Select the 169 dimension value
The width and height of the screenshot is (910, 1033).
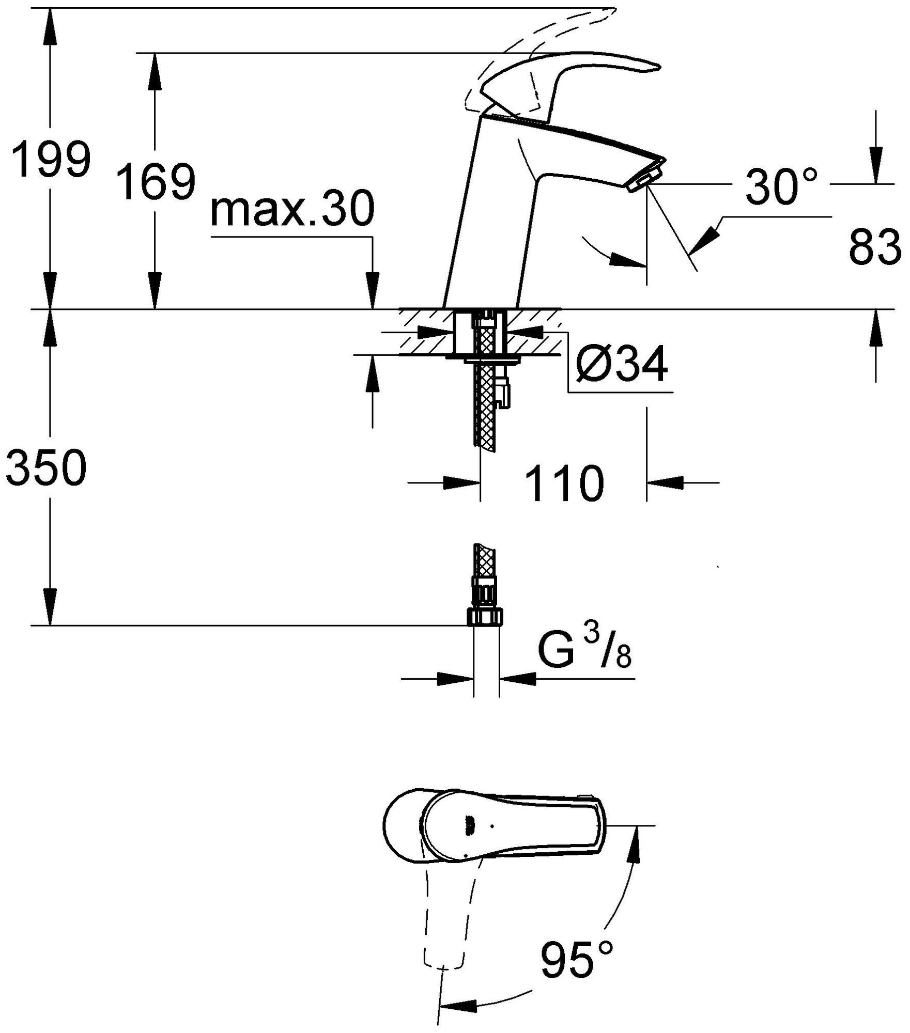[155, 181]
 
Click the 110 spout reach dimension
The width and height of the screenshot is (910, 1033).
[564, 483]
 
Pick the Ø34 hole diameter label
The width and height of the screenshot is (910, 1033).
[623, 364]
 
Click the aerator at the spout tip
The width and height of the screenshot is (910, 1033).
[646, 177]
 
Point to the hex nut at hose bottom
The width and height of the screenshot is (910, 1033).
[485, 617]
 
